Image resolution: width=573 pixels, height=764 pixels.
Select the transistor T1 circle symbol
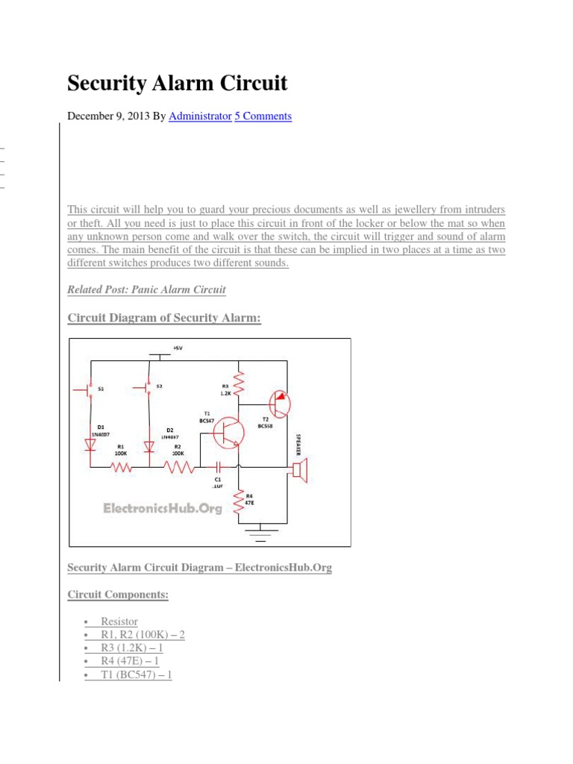228,433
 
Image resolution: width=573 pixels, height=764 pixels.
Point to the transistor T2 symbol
278,404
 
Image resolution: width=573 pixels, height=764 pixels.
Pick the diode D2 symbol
148,446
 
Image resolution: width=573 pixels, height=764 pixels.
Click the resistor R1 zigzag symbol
122,469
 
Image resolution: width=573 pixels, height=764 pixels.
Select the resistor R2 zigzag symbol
179,469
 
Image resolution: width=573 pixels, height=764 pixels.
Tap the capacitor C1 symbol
219,469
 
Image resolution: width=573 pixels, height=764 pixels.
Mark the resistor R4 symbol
239,501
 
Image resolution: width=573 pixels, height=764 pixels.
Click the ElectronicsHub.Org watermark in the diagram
162,508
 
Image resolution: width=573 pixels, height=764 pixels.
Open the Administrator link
200,116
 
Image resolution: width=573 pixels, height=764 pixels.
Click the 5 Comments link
263,116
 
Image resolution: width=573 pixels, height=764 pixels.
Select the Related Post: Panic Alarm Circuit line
146,289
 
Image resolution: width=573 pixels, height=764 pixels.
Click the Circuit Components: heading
118,595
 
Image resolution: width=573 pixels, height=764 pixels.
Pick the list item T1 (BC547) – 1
136,675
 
